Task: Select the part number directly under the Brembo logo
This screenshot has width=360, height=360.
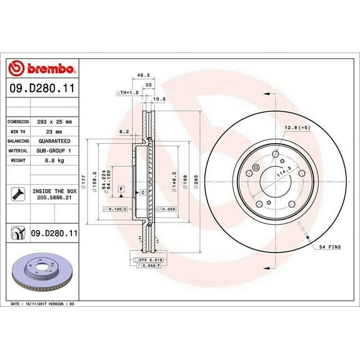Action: [x=42, y=89]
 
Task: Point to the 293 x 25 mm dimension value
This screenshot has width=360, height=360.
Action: [x=57, y=121]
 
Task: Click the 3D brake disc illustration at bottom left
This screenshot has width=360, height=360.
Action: [x=42, y=274]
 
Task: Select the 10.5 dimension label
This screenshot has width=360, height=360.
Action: [x=159, y=98]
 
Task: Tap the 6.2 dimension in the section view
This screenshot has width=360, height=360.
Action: [x=123, y=132]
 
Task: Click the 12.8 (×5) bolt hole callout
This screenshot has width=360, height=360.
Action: [x=297, y=128]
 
